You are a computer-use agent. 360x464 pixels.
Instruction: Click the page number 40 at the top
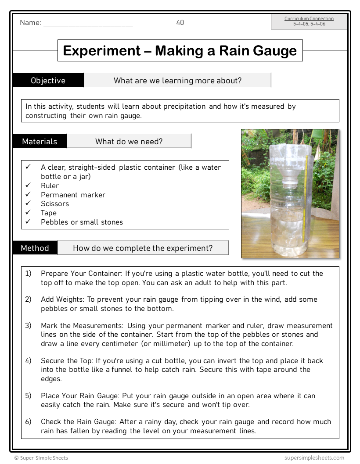pos(180,23)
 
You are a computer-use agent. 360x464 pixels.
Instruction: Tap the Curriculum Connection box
pos(309,21)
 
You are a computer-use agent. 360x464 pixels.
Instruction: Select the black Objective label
pos(48,80)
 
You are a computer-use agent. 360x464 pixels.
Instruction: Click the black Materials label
pos(40,141)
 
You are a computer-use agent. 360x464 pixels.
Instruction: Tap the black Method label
pos(35,248)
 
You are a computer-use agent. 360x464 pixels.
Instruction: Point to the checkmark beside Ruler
pos(28,186)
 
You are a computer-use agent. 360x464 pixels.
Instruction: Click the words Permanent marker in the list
pos(73,195)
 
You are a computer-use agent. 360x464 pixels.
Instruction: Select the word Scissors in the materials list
pos(55,203)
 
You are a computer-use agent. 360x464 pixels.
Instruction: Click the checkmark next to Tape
pos(28,213)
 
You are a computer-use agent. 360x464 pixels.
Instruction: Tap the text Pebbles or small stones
pos(82,222)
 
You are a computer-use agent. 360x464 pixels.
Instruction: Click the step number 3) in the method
pos(28,325)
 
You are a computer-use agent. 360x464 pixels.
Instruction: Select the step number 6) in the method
pos(28,421)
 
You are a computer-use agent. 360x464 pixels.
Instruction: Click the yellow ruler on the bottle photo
pos(304,193)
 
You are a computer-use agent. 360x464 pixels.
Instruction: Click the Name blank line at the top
pos(88,24)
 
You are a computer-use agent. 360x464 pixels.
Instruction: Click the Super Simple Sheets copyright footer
pos(41,458)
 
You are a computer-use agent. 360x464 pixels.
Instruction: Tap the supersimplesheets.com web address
pos(314,458)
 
